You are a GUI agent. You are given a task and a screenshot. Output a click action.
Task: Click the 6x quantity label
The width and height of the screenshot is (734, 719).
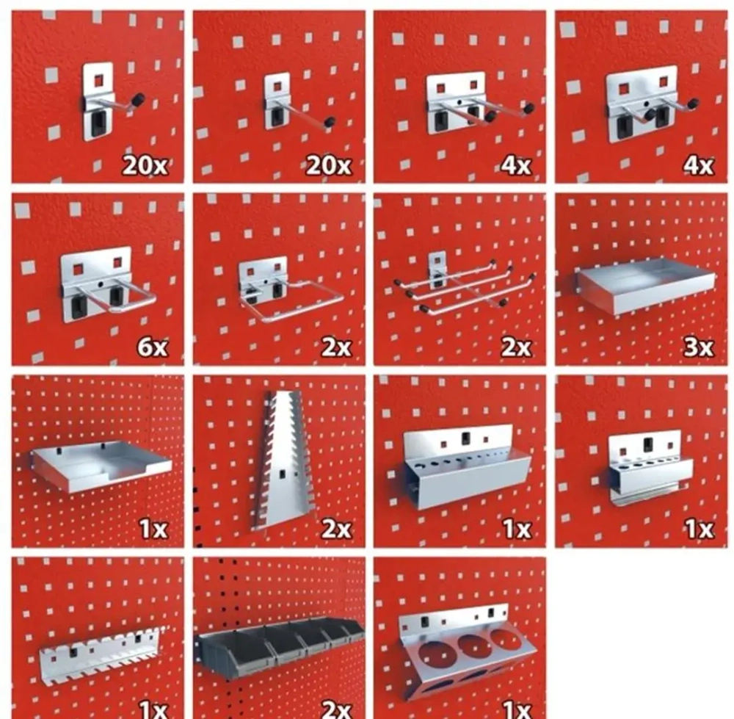coord(152,347)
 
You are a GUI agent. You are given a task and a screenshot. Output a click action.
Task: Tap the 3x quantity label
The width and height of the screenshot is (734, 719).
coord(699,347)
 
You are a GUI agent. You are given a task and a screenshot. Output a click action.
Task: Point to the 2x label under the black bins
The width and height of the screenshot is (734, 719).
coord(336,709)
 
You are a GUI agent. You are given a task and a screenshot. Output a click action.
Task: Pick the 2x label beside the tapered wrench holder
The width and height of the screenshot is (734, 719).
coord(336,529)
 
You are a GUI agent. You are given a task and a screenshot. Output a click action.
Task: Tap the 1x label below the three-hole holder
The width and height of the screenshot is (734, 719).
coord(517,709)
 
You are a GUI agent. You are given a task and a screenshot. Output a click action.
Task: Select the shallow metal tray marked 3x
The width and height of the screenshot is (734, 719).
coord(645,285)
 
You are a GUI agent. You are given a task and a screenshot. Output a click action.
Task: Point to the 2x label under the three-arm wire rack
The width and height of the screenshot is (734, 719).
coord(516,347)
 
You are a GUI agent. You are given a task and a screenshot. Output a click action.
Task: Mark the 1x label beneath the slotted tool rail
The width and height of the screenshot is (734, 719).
coord(153,709)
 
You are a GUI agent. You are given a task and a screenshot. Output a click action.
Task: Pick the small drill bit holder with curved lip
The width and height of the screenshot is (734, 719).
coord(650,470)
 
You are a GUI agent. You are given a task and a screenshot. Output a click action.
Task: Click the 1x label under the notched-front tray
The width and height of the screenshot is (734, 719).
coord(153,529)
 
